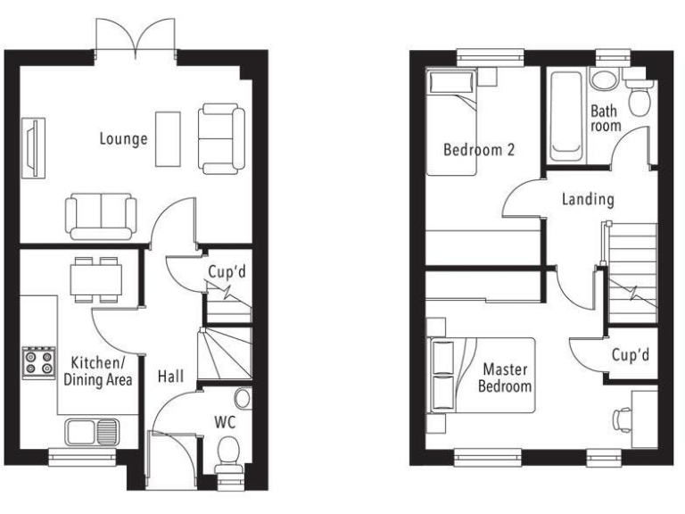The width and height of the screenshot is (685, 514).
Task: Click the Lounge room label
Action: (x=123, y=139)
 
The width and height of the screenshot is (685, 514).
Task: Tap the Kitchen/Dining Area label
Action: (x=98, y=371)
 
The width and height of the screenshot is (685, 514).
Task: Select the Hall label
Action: (x=170, y=377)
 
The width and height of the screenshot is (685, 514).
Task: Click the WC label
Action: (x=224, y=419)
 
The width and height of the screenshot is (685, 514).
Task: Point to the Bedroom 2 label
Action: (x=479, y=150)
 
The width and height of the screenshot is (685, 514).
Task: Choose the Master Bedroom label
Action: (x=505, y=377)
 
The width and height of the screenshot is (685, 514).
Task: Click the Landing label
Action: (x=588, y=199)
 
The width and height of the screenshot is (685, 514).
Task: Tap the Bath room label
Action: (x=605, y=119)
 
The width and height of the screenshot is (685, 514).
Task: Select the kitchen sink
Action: (x=92, y=432)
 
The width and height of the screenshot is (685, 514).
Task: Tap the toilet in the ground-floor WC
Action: (x=229, y=452)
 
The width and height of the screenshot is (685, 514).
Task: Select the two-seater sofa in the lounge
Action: (x=101, y=214)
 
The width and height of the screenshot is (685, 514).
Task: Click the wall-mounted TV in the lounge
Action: (x=32, y=146)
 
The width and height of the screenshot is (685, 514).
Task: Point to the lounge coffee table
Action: (x=168, y=138)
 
